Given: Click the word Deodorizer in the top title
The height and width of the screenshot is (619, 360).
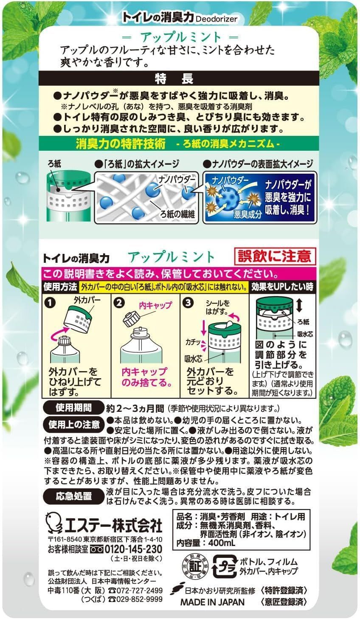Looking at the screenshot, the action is click(x=217, y=19).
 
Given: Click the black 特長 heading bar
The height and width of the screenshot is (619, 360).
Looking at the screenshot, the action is click(x=178, y=79).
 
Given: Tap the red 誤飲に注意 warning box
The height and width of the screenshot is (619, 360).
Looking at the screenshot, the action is click(x=275, y=256).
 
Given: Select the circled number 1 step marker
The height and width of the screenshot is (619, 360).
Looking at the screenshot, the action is click(x=50, y=303).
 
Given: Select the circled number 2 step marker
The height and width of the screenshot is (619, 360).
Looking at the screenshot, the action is click(x=119, y=303).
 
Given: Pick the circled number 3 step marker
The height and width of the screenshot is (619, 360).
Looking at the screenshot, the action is click(x=188, y=303).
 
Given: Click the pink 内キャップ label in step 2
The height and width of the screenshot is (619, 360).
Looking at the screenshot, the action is click(x=155, y=305).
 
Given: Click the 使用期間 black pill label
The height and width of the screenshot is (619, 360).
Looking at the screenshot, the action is click(x=73, y=408).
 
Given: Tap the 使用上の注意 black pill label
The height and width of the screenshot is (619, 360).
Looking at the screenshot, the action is click(x=74, y=425).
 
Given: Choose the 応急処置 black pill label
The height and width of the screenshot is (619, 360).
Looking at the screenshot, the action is click(x=73, y=496).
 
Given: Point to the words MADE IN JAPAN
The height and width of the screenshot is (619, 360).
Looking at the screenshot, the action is click(x=212, y=602).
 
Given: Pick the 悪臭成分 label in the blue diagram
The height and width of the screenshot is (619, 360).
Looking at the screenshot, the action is click(x=247, y=214).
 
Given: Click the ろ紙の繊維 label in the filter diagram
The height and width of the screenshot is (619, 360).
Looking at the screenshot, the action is click(x=178, y=214).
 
